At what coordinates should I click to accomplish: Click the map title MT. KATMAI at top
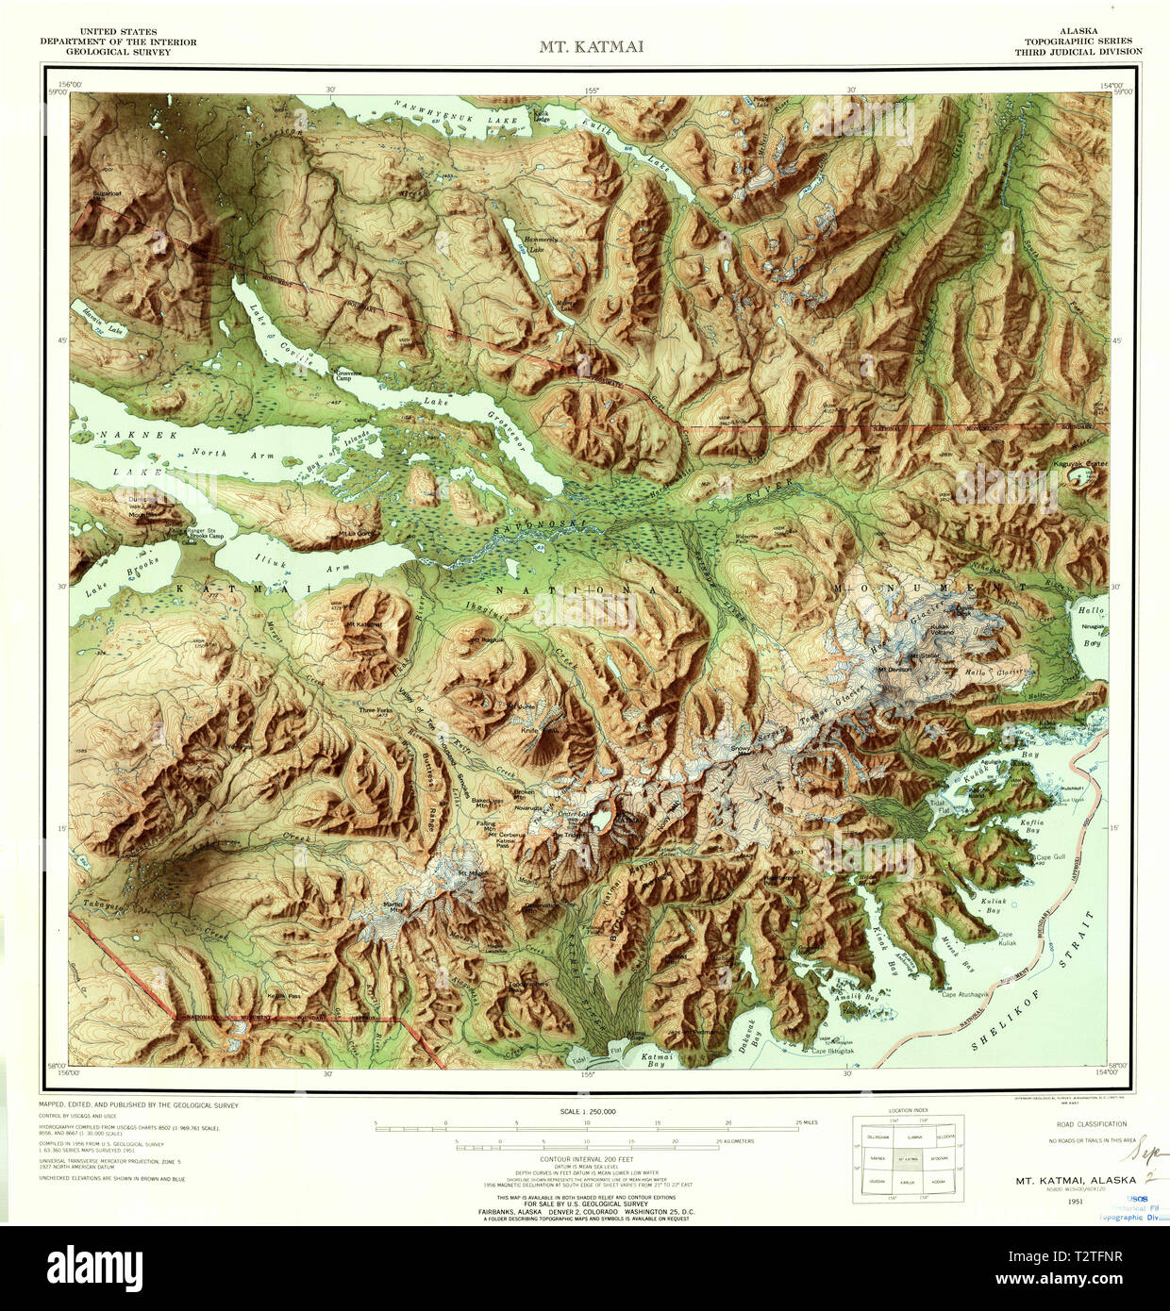591,46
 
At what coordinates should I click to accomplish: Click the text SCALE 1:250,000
587,1112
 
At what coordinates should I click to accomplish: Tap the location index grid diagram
909,1159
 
